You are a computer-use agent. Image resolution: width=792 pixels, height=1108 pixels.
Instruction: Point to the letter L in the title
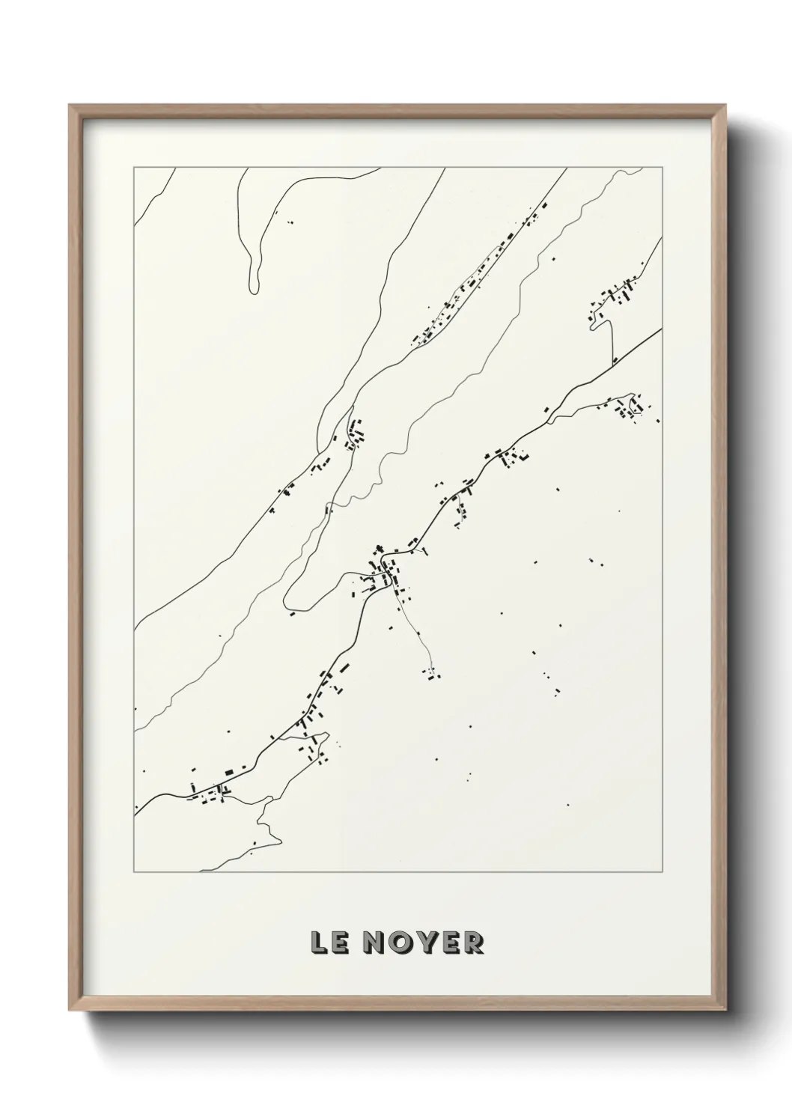318,943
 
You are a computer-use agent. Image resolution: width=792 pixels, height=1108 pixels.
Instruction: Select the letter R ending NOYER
472,943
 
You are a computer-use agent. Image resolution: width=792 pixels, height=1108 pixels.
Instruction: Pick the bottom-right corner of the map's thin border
662,873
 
